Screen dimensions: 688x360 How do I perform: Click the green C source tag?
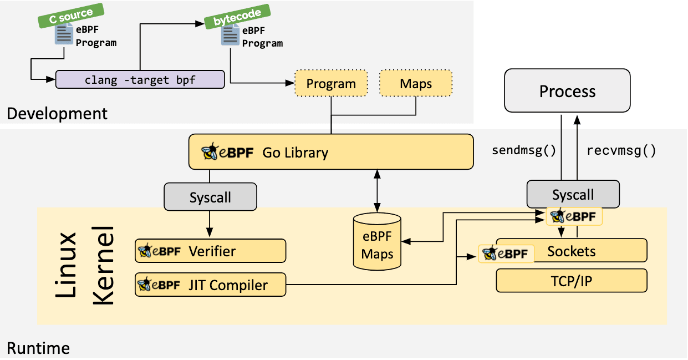click(71, 16)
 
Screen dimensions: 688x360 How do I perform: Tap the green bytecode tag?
click(237, 17)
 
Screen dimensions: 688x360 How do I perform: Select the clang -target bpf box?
click(140, 80)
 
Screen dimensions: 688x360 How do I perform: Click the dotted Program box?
click(331, 83)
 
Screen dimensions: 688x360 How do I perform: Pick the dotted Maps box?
click(416, 83)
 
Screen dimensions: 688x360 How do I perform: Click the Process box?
click(567, 90)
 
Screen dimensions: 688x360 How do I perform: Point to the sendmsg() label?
click(524, 150)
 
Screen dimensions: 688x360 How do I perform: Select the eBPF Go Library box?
click(331, 152)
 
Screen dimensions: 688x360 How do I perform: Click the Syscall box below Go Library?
click(211, 197)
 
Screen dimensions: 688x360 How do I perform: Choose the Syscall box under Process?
click(573, 194)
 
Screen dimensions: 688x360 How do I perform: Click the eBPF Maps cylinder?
click(377, 242)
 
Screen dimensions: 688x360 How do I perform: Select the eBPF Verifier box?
click(211, 251)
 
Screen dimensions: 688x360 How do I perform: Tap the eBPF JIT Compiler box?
click(211, 285)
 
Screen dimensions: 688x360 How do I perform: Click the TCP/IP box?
click(572, 281)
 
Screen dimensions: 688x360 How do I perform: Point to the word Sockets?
click(571, 251)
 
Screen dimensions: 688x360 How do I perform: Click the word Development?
click(57, 114)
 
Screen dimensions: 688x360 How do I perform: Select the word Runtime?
click(38, 348)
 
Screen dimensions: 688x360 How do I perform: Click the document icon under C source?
click(64, 35)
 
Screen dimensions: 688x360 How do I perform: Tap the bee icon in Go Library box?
click(210, 151)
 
